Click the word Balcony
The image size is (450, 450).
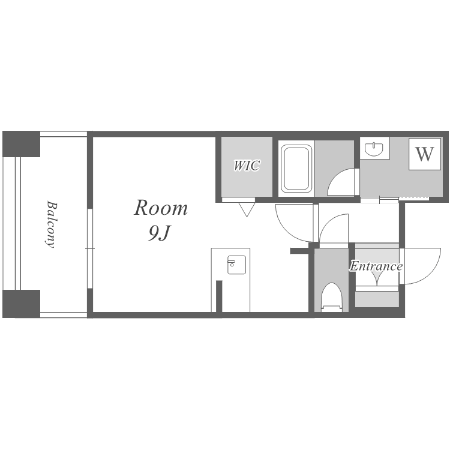51,224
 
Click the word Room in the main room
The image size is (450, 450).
161,208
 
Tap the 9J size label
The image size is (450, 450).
160,233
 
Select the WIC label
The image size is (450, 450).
247,166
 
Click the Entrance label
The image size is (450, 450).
376,266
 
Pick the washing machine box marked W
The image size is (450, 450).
425,154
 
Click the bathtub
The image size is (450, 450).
296,169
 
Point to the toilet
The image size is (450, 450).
332,297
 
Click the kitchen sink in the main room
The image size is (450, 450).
237,265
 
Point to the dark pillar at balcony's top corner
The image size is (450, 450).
21,144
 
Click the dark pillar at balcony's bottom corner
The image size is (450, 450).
21,304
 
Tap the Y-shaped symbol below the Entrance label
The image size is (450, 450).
377,278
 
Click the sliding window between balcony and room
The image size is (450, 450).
90,248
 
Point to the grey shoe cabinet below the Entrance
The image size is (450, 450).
377,299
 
